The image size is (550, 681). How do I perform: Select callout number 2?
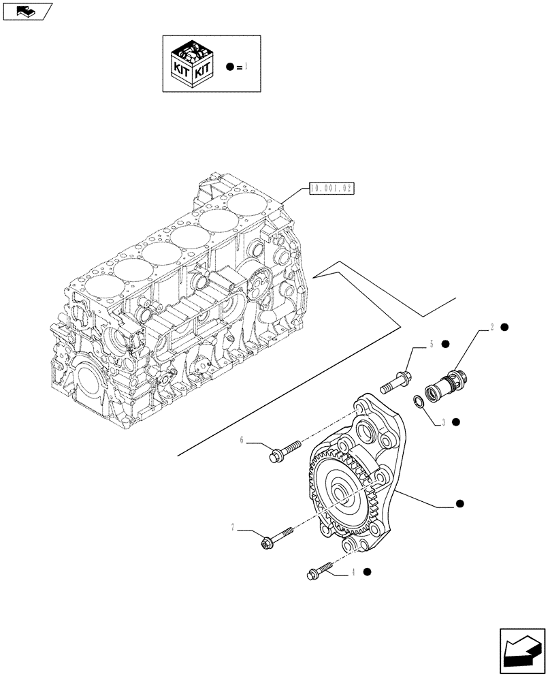point(491,328)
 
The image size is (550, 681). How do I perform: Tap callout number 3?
point(443,422)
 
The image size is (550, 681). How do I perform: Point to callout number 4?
point(355,573)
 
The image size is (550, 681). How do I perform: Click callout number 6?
point(242,441)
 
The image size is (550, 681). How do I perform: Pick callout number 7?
point(233,527)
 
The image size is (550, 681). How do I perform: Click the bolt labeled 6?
point(286,452)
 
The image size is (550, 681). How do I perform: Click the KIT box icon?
point(192,65)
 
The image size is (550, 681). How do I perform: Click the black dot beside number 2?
point(505,328)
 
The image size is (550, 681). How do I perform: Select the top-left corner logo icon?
point(27,11)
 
